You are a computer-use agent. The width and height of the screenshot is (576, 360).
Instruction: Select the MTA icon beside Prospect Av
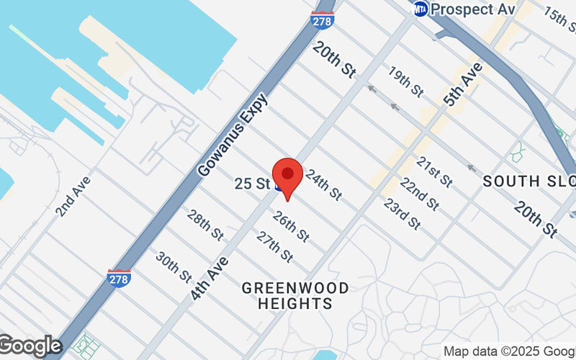(x=420, y=9)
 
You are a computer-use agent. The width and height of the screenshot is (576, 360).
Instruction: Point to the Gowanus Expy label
(x=233, y=135)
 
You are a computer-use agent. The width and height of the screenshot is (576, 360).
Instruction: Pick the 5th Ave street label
(x=462, y=85)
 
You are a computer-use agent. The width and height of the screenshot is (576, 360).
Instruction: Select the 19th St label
(x=406, y=81)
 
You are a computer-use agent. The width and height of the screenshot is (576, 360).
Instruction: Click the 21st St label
(x=435, y=170)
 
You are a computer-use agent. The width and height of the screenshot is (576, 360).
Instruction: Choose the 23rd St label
(x=402, y=213)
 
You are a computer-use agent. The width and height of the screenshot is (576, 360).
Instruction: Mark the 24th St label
(x=323, y=184)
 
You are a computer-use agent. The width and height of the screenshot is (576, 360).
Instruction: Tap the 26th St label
(x=291, y=226)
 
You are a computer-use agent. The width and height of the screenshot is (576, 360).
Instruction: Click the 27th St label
(x=274, y=246)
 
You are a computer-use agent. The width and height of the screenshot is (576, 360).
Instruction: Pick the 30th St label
(x=174, y=267)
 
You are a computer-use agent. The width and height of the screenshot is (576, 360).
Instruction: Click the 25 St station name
(x=252, y=184)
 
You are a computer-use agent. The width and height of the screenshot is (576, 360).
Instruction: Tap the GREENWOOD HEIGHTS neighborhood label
(x=296, y=295)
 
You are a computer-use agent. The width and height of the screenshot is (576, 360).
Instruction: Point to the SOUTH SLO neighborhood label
(x=529, y=181)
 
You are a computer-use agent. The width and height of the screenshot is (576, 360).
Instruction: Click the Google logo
(x=30, y=346)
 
